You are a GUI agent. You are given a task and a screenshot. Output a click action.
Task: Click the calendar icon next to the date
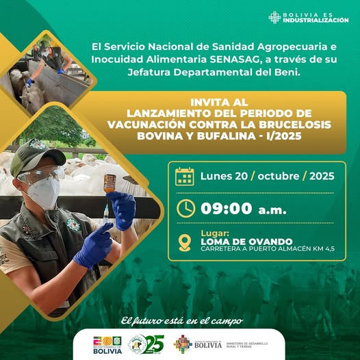185,177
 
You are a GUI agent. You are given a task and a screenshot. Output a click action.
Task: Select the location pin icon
185,242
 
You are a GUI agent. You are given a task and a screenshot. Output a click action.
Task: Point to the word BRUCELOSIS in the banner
288,125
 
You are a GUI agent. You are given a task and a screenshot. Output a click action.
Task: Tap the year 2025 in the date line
321,176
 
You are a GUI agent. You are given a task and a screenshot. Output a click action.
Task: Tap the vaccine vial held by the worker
110,183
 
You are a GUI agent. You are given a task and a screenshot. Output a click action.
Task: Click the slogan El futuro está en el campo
181,320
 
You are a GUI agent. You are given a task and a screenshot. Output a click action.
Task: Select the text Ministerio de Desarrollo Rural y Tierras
247,344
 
